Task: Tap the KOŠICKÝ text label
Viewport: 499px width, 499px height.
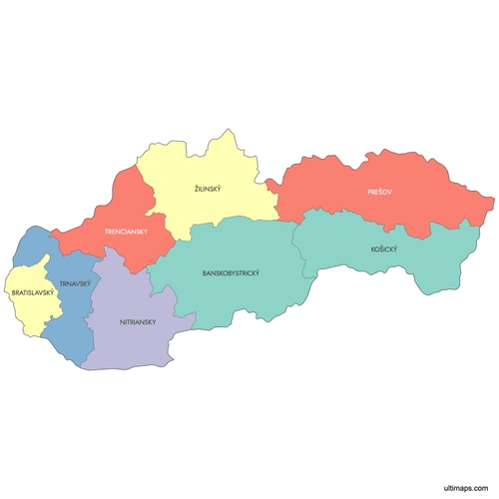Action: click(383, 249)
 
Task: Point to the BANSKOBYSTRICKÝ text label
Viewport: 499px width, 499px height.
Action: click(230, 272)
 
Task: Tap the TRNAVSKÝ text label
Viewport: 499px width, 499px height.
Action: click(75, 284)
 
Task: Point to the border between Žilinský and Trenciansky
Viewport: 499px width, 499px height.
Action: click(152, 196)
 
